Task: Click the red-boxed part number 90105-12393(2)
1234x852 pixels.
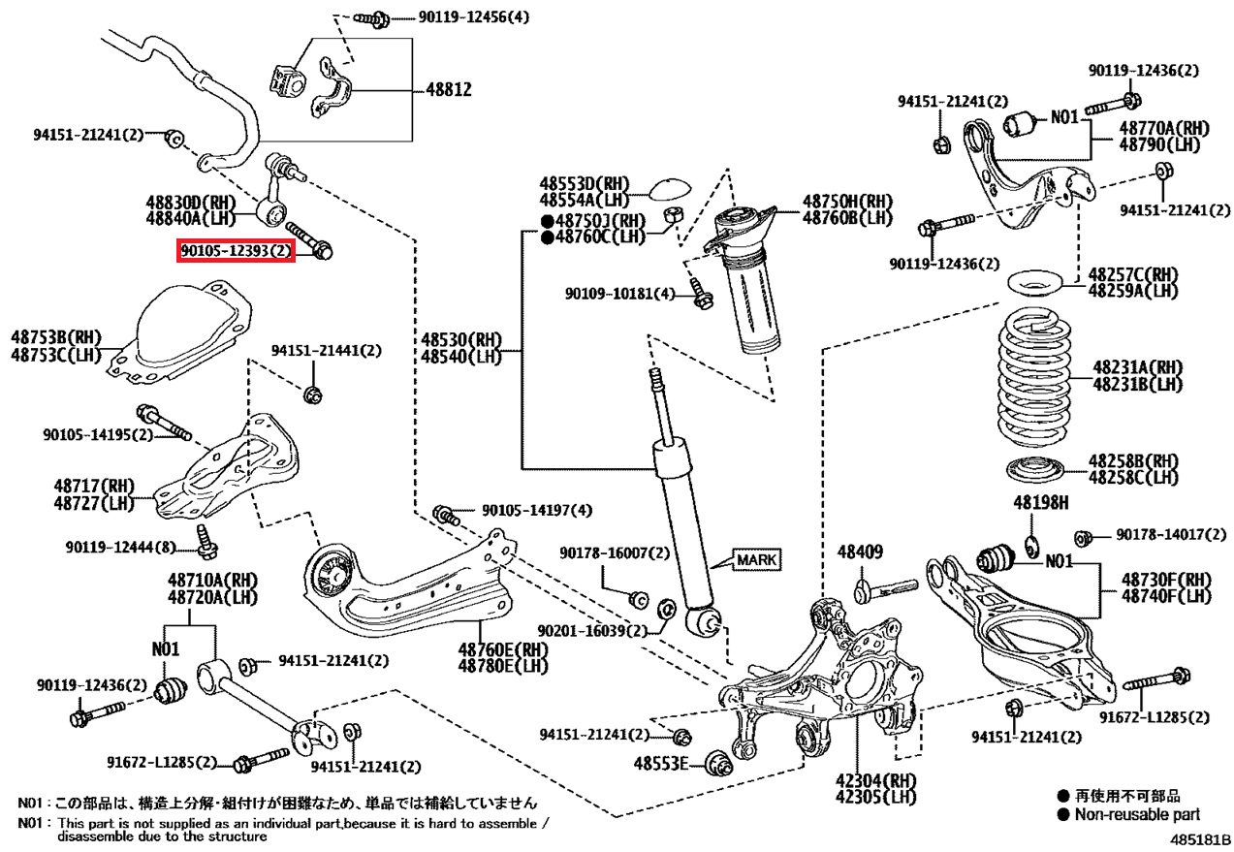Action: pos(235,251)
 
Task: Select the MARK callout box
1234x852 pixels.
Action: pos(756,559)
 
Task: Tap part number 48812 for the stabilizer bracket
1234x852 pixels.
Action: pos(449,90)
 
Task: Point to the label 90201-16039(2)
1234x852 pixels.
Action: pos(591,630)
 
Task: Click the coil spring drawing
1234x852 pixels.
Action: pos(1034,383)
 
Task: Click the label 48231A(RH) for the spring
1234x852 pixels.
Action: pos(1138,367)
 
